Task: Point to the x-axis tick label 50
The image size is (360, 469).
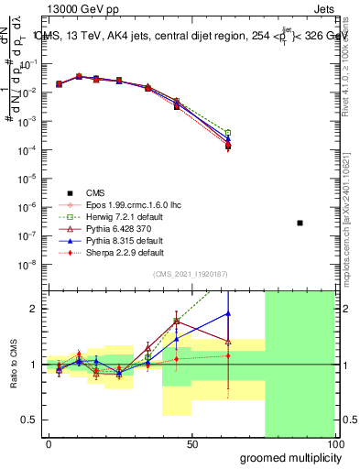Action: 192,443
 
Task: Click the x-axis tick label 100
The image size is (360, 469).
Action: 334,443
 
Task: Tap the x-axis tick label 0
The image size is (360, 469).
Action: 49,443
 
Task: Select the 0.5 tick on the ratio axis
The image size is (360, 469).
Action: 30,420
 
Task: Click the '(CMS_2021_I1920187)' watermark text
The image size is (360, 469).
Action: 192,275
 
